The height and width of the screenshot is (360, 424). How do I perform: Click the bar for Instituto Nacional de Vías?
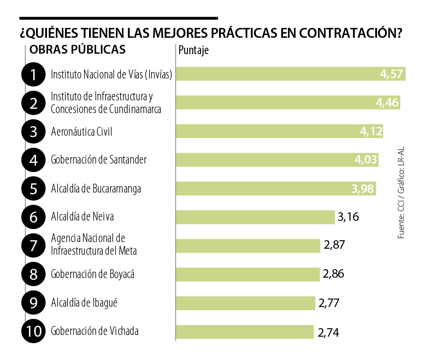point(276,74)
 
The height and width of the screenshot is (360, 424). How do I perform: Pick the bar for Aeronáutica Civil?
point(265,131)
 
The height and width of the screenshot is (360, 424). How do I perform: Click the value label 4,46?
point(387,102)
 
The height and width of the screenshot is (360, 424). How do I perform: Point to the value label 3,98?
point(362,189)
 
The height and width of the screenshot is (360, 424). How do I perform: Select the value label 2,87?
point(334,245)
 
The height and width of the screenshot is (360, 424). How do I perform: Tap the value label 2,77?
point(329,303)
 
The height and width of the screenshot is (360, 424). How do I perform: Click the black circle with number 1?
point(34,74)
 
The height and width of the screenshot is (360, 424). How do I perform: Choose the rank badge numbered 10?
point(34,331)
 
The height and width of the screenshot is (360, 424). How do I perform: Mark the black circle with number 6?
point(34,217)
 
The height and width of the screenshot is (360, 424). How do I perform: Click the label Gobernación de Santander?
point(99,160)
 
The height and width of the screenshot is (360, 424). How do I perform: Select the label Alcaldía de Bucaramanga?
point(96,189)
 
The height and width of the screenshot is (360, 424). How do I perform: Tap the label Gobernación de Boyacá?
point(93,274)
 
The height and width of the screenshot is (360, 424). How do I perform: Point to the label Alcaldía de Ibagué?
point(84,303)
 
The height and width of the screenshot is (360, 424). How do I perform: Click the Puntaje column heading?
point(193,50)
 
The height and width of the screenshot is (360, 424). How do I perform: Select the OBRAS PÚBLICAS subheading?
point(77,49)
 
